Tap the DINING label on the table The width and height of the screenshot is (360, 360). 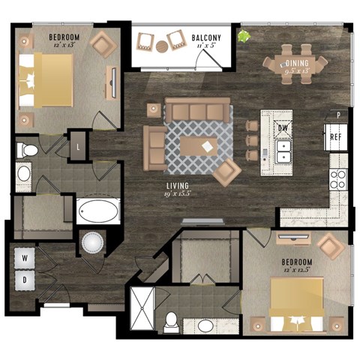coord(298,74)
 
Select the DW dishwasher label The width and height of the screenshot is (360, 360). coord(283,128)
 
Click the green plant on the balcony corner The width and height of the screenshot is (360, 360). coord(243,34)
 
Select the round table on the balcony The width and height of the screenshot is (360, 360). coord(163,46)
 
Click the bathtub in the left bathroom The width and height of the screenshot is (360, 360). coord(97,211)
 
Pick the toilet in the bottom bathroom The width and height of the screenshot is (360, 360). coord(172,321)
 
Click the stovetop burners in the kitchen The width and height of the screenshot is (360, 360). coord(338,178)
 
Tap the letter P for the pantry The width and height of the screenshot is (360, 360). coord(339,115)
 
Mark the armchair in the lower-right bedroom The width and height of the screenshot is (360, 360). coord(328,245)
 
